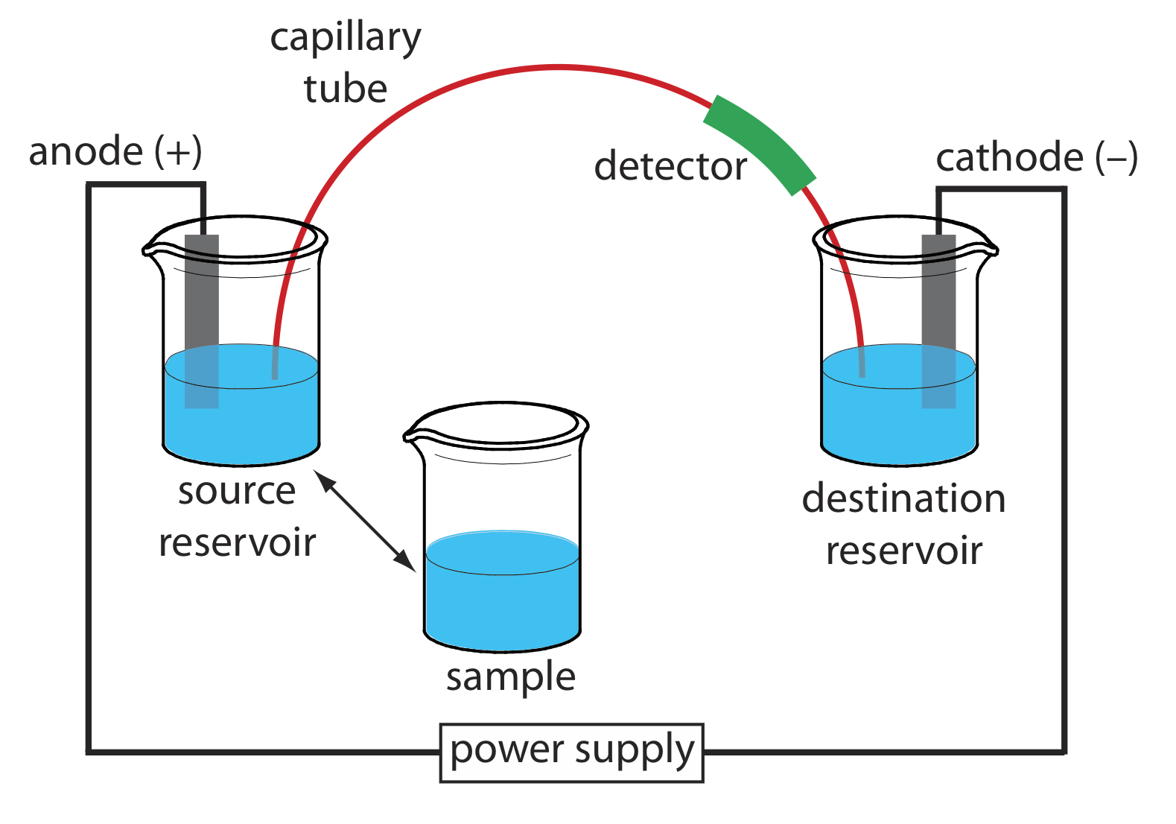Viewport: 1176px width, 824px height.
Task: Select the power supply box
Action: coord(571,752)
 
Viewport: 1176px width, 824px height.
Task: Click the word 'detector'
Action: coord(670,166)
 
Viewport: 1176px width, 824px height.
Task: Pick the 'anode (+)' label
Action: coord(115,152)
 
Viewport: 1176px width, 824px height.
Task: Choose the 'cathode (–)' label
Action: coord(1036,158)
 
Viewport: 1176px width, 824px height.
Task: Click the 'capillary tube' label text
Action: coord(346,63)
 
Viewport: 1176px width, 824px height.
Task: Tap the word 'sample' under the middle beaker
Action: coord(511,677)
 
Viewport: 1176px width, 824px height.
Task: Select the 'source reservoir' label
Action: coord(237,516)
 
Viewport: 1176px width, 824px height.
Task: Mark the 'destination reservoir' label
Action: coord(903,524)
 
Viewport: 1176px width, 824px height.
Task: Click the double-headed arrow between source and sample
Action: coord(364,521)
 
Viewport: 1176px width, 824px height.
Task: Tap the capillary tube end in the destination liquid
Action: coord(862,369)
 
